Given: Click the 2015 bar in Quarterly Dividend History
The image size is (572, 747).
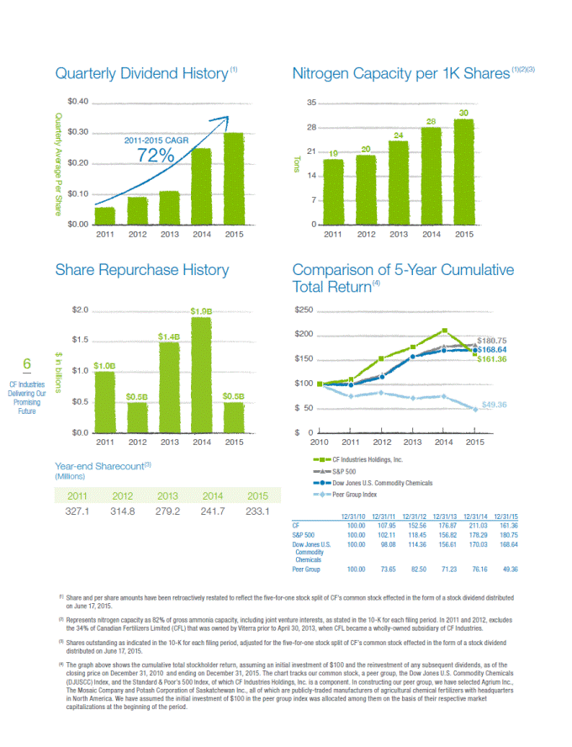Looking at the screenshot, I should tap(233, 178).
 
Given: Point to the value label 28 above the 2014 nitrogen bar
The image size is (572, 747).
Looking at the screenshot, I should tap(431, 122).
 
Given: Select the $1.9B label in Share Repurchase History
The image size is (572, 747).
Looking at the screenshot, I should tap(201, 311).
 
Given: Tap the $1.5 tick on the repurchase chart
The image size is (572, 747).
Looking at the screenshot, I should tap(79, 340).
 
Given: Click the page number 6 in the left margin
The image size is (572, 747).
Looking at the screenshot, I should tap(27, 363).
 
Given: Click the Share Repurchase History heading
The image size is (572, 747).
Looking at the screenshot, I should tap(141, 270).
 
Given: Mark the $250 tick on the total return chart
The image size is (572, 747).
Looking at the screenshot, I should tap(303, 310).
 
